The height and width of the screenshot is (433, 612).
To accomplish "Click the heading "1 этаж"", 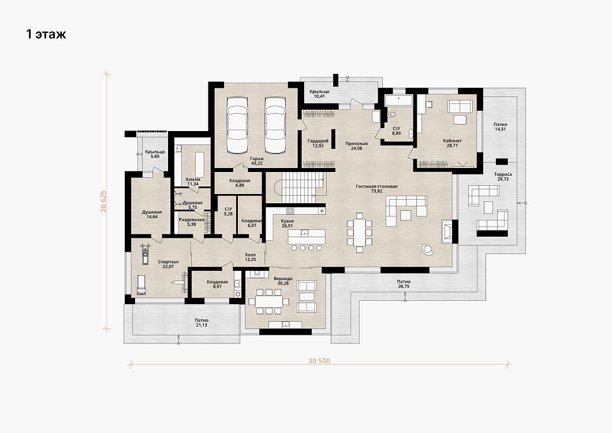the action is click(46, 35).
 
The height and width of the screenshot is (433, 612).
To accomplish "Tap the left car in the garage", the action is click(237, 125).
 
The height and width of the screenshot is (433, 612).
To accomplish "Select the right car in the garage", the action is click(275, 125).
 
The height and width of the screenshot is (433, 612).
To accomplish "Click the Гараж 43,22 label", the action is click(257, 161).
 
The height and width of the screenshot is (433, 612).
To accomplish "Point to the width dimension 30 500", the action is click(319, 361).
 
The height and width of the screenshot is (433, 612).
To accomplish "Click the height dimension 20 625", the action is click(103, 201).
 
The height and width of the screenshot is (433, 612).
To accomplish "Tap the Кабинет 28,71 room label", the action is click(453, 143).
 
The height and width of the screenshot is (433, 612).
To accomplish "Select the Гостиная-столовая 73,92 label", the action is click(376, 189).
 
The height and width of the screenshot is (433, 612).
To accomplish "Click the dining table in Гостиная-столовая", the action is click(360, 233).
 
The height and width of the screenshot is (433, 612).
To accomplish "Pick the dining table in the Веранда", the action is click(269, 301).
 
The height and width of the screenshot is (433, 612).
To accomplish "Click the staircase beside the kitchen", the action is click(301, 188).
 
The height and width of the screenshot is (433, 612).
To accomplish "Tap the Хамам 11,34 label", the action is click(193, 181).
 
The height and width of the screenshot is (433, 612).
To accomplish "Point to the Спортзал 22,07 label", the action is click(168, 264).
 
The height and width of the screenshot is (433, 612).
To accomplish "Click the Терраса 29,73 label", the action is click(503, 177).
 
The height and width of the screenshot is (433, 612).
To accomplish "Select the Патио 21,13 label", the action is click(201, 323).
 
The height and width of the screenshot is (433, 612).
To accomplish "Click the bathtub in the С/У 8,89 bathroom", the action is click(398, 99).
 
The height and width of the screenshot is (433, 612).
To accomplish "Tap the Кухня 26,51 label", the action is click(288, 223).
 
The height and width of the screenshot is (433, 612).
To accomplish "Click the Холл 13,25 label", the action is click(250, 257).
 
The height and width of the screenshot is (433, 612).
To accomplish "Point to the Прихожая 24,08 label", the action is click(356, 146).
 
